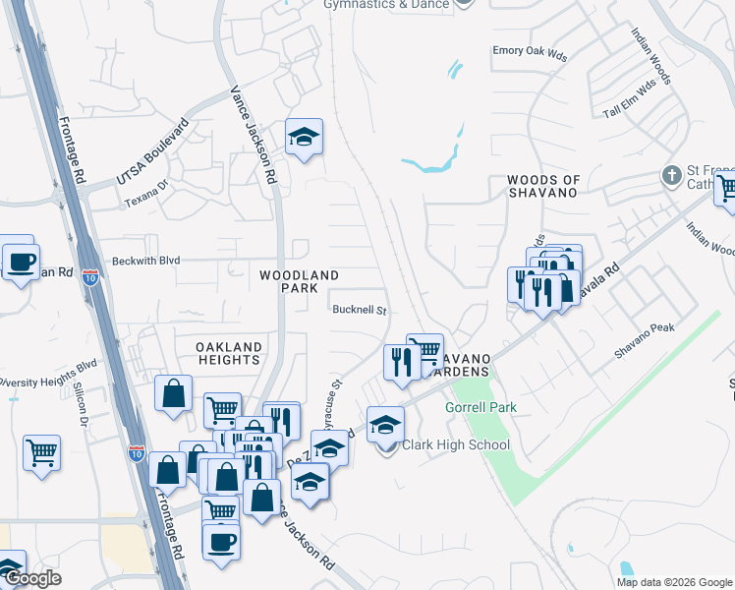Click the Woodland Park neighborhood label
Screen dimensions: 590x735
299,282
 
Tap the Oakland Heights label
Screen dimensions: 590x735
228,354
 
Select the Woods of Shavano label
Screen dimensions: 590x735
543,186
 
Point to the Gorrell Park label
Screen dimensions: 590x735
481,407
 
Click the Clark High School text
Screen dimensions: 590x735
455,445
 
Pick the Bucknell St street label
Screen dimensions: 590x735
360,311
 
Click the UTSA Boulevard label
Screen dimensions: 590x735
151,152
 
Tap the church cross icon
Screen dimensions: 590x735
671,177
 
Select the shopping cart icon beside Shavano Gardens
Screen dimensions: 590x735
424,351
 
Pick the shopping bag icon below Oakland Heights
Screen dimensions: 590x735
173,394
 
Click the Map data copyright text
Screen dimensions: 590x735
673,582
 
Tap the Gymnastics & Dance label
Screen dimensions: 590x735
385,5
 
